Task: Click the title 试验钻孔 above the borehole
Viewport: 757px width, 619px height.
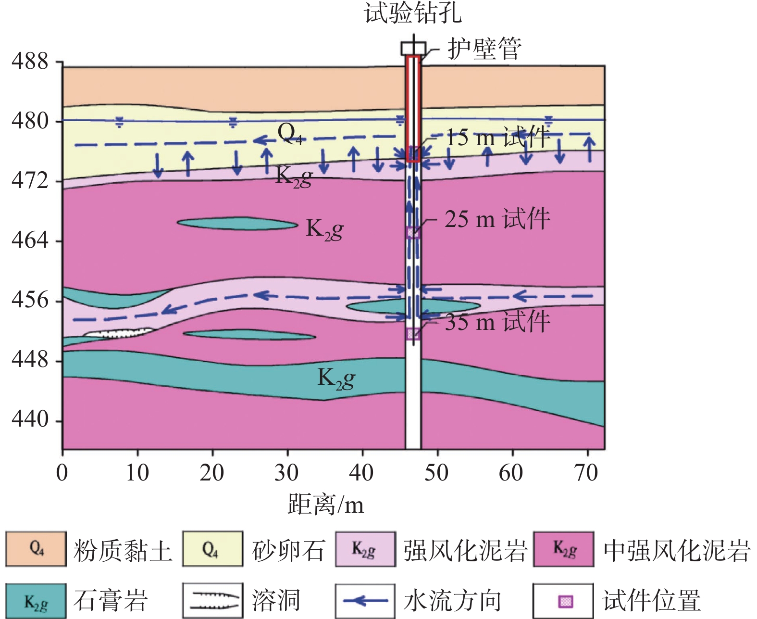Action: point(413,13)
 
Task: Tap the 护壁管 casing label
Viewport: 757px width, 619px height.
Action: point(484,49)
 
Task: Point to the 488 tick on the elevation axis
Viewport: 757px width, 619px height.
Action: point(30,62)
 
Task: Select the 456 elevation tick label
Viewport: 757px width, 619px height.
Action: point(30,300)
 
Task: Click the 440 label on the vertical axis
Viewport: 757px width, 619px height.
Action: point(30,420)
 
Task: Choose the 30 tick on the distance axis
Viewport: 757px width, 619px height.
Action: point(286,473)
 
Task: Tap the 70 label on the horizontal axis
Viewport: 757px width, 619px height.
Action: point(586,473)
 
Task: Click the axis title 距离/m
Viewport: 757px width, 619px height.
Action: point(325,505)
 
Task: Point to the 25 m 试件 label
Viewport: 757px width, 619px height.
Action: point(497,219)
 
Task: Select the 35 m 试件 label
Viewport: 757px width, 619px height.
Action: point(497,321)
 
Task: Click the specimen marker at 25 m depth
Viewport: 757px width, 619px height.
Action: point(413,233)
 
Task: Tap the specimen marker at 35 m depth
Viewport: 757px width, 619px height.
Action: point(413,333)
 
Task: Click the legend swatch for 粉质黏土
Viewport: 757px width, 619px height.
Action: point(36,549)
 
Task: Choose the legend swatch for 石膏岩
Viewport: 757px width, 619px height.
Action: point(36,601)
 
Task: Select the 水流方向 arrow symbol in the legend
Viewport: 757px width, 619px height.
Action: point(365,601)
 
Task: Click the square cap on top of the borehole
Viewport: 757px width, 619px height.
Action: point(413,48)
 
